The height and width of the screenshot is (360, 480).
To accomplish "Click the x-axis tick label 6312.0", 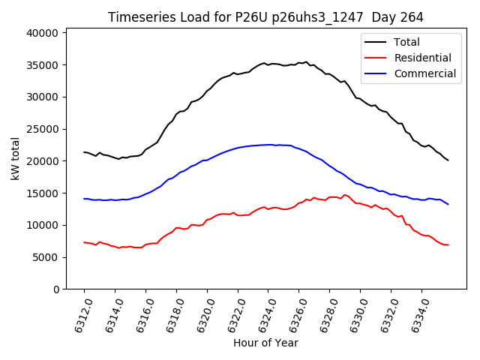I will tap(79, 313).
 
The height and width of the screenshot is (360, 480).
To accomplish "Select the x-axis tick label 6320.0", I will tap(202, 313).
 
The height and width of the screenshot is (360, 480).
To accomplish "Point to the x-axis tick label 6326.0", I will tap(294, 313).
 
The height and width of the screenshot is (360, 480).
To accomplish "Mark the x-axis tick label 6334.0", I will tap(417, 313).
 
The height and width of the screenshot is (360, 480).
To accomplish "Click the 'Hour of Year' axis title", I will tap(265, 343).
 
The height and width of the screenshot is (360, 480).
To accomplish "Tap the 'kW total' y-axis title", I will tap(16, 158).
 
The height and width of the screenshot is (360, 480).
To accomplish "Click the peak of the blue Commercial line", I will tap(268, 145).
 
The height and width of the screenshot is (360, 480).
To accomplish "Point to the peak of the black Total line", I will tap(306, 62).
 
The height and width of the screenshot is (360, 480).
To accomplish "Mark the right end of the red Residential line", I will tap(448, 244).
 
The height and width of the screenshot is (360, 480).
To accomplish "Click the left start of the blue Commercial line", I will tap(84, 199).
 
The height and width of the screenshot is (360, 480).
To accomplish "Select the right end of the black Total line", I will tap(448, 160).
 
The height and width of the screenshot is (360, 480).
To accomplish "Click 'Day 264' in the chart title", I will tap(396, 17).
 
